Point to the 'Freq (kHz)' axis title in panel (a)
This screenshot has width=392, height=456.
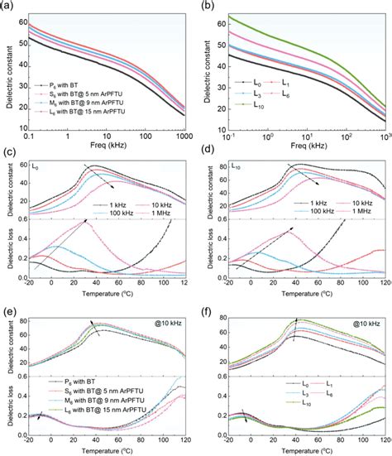pyautogui.click(x=111, y=147)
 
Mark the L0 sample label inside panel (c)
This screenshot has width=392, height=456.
pyautogui.click(x=37, y=168)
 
